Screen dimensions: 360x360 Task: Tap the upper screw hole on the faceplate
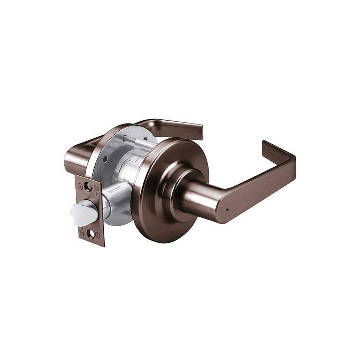coord(87,186)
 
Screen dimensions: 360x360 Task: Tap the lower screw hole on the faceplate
coord(90,234)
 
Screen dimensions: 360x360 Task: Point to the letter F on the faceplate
coord(97,193)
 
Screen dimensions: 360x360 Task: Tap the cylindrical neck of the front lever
coord(196,196)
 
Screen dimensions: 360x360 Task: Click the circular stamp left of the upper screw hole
coord(80,186)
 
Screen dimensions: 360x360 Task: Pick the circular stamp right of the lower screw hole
coord(98,235)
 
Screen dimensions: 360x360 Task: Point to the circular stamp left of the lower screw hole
coord(82,233)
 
